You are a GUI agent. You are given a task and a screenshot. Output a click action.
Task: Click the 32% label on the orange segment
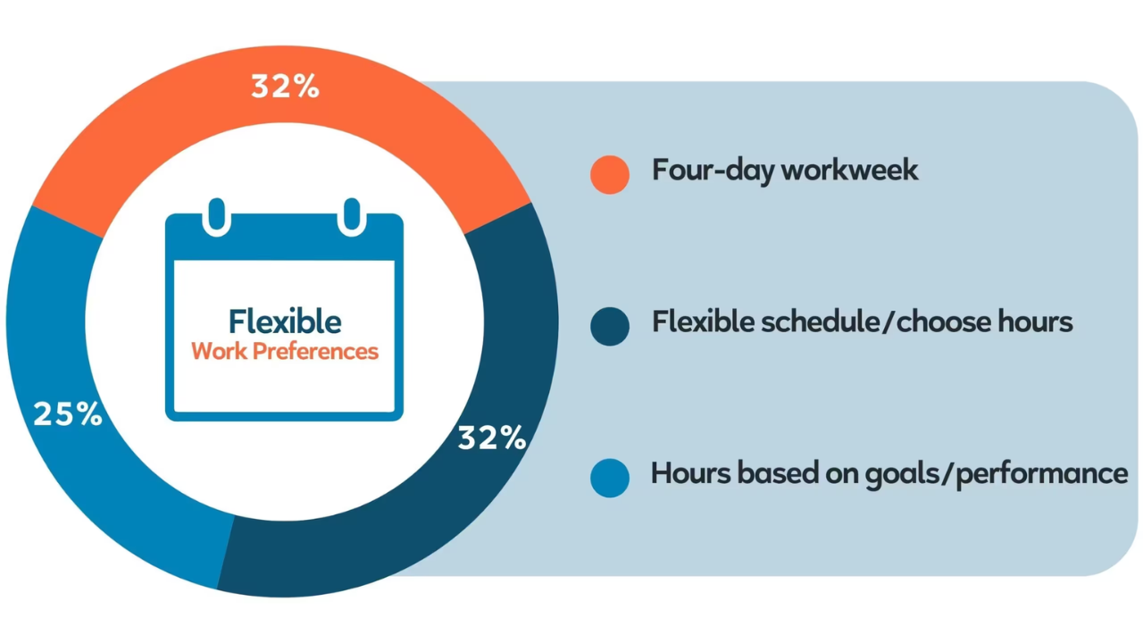285,86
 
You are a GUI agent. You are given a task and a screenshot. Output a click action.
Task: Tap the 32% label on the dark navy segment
492,438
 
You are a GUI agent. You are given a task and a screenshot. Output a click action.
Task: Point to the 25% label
68,413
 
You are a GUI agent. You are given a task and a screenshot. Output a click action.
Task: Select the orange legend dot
610,174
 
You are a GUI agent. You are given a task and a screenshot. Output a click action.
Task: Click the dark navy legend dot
610,327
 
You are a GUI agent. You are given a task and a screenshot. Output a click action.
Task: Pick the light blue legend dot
610,478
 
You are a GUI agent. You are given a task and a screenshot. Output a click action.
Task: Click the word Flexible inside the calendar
285,321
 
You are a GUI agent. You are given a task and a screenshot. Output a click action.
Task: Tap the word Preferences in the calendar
315,352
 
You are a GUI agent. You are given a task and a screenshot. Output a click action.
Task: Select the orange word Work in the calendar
220,351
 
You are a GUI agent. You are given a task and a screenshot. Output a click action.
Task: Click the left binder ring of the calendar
217,216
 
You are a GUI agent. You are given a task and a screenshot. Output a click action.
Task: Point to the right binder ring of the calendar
352,216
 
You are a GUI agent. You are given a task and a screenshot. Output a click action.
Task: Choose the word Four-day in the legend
713,171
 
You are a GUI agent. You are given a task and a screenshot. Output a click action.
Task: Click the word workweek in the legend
849,170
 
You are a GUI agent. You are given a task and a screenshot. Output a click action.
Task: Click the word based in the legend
778,473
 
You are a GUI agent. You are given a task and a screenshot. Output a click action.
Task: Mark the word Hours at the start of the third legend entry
691,473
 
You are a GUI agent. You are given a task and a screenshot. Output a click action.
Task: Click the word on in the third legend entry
842,476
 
